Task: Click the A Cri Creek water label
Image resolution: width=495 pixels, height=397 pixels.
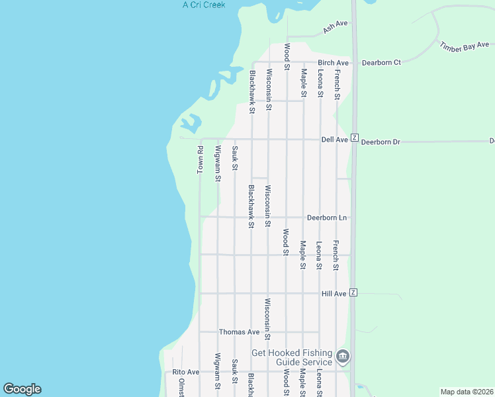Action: pos(204,5)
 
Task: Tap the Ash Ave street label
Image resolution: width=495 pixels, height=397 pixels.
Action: pos(335,27)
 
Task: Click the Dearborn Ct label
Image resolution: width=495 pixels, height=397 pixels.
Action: pos(381,63)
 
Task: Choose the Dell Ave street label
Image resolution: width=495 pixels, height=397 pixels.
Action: pos(334,140)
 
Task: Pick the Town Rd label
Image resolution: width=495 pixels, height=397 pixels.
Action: pos(201,160)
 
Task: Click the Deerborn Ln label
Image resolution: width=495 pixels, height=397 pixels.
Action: pos(327,218)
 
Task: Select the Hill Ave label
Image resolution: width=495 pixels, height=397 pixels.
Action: pos(334,293)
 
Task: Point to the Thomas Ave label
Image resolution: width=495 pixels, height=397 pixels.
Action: pos(239,332)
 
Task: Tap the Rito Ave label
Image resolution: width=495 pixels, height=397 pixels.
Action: pos(185,373)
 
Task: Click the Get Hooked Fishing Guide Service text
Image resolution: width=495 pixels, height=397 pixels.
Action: pos(292,357)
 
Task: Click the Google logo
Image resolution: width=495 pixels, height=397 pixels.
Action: pos(22,389)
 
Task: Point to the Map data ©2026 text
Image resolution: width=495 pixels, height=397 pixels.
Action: pos(467,392)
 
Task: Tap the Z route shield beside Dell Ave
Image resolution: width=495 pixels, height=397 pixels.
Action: pos(355,138)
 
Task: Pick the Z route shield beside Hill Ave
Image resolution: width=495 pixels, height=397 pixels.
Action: pos(353,292)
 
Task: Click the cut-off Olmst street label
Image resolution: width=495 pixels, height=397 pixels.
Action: pos(181,388)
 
